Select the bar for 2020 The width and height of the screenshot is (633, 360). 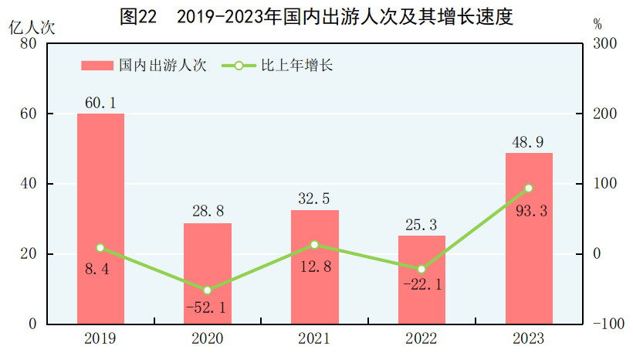tap(208, 273)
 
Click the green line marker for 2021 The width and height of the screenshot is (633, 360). tap(315, 245)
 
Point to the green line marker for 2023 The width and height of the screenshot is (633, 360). tap(529, 188)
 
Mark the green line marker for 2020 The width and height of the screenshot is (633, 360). tap(208, 290)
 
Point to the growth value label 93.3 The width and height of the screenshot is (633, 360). tap(529, 210)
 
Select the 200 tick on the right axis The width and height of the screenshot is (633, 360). tap(604, 114)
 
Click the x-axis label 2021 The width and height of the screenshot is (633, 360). tap(315, 339)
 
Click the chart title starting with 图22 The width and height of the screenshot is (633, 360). tap(316, 16)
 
